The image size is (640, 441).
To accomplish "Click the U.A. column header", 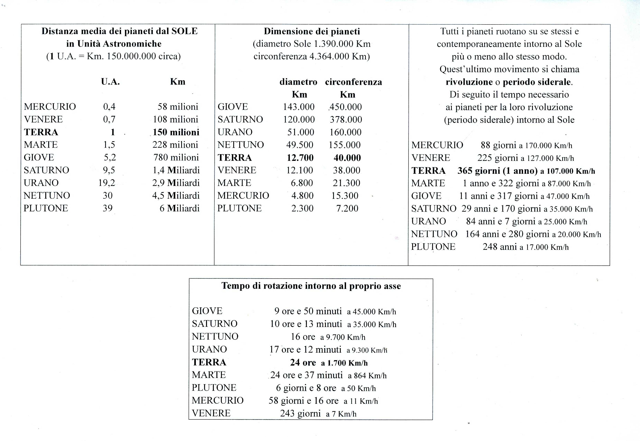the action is [110, 82].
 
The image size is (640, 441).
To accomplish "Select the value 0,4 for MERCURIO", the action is [109, 107].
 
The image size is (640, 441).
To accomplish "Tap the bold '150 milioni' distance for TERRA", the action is [176, 132].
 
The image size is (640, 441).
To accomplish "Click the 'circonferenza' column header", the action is [353, 82].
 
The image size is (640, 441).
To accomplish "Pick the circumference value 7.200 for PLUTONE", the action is [347, 208].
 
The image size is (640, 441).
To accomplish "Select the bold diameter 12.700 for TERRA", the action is [300, 158].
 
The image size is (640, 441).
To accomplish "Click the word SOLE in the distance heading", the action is [184, 31].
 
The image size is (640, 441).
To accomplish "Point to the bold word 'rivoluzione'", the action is [469, 82].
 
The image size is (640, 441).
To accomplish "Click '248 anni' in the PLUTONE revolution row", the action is [500, 247].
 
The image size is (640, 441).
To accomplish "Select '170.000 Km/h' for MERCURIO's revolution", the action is [549, 146].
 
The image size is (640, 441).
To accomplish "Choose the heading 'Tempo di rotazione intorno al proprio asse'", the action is [311, 286].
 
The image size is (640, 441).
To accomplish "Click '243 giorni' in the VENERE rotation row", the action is [300, 413].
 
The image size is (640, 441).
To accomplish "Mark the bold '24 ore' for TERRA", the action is [303, 362].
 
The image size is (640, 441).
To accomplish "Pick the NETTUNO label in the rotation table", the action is [215, 337].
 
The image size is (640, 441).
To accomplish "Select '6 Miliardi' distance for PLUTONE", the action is [180, 208].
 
